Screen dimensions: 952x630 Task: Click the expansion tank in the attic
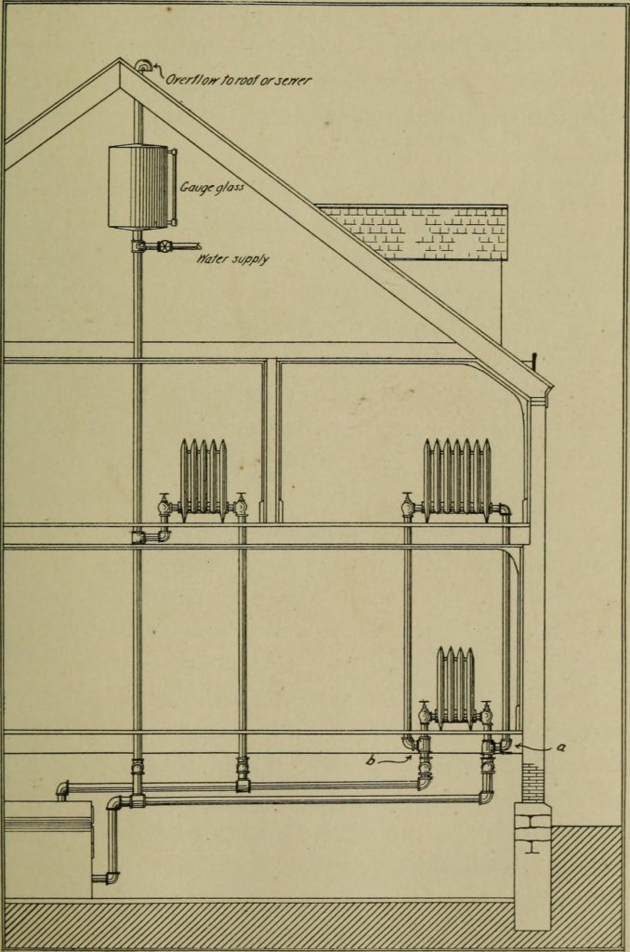(x=139, y=186)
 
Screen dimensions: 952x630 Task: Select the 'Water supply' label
(x=232, y=258)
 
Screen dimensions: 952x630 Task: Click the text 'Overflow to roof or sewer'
(x=238, y=80)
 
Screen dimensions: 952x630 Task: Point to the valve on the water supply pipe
(x=164, y=247)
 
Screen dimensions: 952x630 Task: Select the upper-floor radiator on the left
(x=203, y=479)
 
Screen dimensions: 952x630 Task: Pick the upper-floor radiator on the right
(x=457, y=477)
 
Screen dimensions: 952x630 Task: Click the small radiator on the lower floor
(x=455, y=686)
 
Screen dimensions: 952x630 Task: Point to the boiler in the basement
(x=46, y=848)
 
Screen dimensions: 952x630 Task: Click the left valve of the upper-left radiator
(x=165, y=507)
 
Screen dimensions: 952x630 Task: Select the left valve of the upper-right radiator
(x=408, y=507)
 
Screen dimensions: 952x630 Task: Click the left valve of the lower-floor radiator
(x=425, y=714)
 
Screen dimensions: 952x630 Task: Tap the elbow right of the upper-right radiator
(x=505, y=509)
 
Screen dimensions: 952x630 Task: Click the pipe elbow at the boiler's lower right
(x=111, y=877)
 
